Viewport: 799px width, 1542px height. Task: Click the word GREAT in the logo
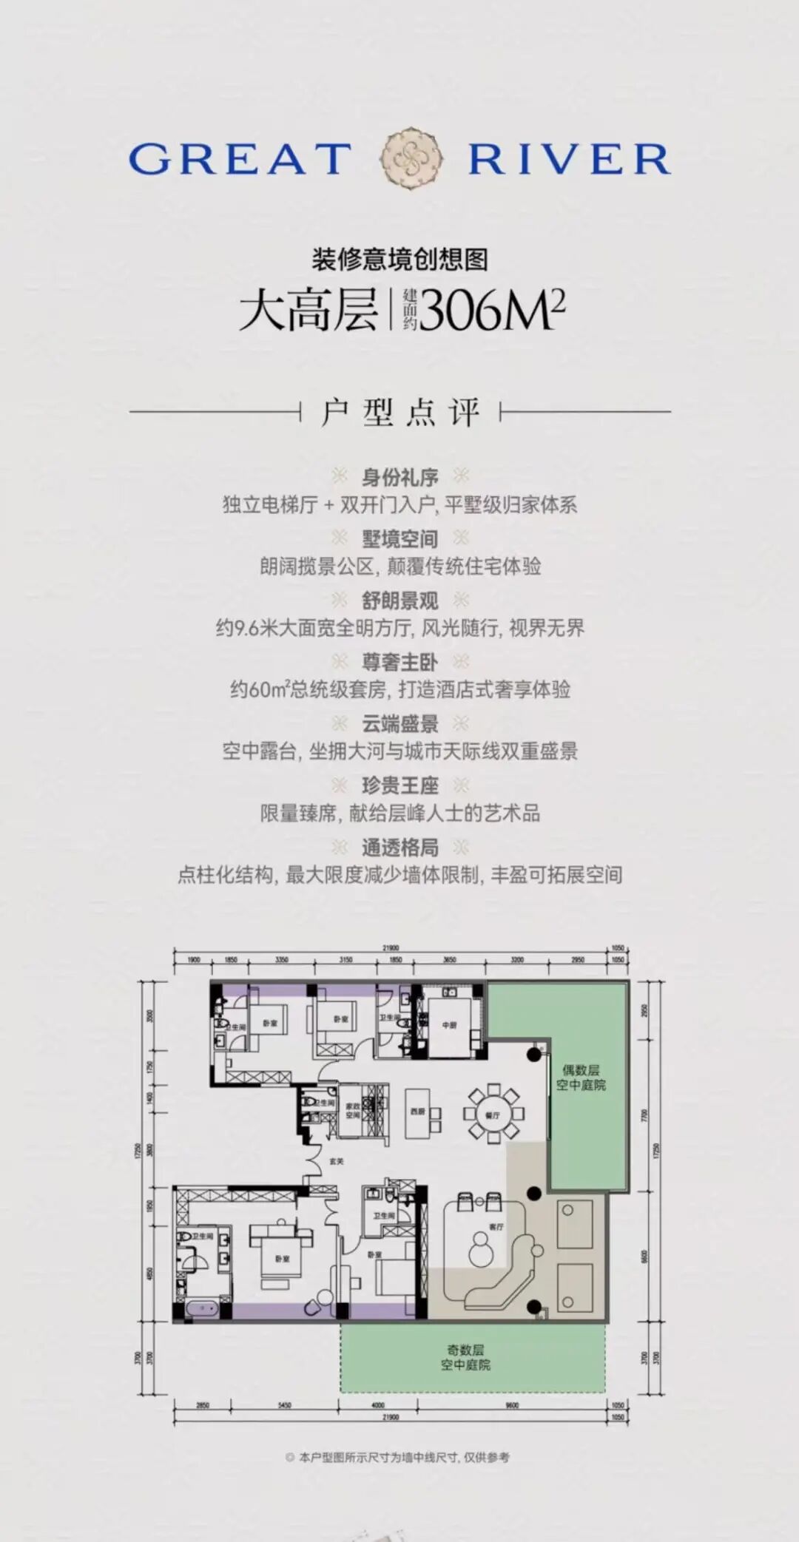(x=240, y=159)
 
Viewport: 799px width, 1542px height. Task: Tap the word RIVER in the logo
(x=569, y=159)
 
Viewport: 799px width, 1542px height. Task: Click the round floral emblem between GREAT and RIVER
(x=411, y=158)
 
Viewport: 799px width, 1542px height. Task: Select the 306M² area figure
(x=493, y=310)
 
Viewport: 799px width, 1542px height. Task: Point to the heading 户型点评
(x=399, y=412)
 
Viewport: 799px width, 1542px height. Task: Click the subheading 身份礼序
(x=399, y=477)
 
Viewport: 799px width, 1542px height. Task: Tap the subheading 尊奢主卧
(x=399, y=662)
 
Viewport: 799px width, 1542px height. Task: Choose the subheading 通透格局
(x=399, y=847)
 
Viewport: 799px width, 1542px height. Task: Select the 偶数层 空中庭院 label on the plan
(x=581, y=1078)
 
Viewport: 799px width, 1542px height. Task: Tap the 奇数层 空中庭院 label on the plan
(x=465, y=1357)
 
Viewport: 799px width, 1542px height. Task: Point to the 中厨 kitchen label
(x=449, y=1026)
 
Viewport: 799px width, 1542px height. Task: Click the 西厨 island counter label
(x=417, y=1112)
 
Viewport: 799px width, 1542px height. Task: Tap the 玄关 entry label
(x=337, y=1162)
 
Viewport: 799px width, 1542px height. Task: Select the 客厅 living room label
(x=496, y=1226)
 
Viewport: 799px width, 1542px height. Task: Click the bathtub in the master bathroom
(x=200, y=1309)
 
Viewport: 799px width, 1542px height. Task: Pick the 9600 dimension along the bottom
(x=511, y=1405)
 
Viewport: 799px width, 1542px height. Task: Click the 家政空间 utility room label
(x=353, y=1110)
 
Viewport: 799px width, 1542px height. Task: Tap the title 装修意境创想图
(x=399, y=259)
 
